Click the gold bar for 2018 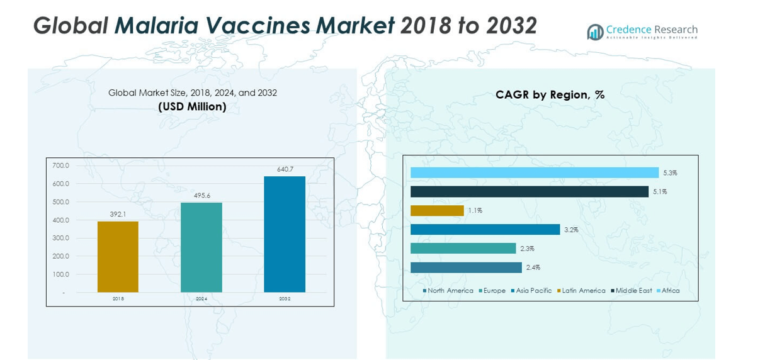[118, 257]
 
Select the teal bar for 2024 [201, 247]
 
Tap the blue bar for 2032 [285, 234]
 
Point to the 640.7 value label [285, 169]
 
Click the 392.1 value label [118, 215]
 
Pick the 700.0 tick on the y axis [60, 166]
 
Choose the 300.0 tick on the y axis [60, 239]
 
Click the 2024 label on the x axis [201, 298]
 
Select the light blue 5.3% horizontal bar [534, 172]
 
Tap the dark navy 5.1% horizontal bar [529, 191]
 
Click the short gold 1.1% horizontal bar [437, 211]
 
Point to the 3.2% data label [571, 230]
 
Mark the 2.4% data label [533, 267]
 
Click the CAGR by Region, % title [550, 95]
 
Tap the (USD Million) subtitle [192, 107]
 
